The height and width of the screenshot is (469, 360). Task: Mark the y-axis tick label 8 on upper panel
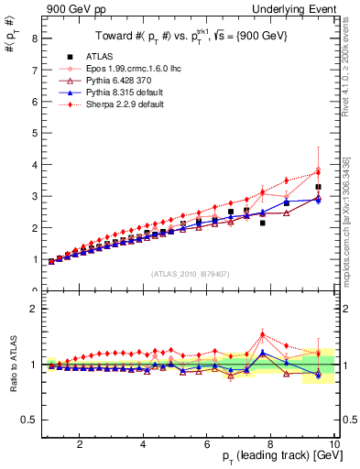[x=33, y=38]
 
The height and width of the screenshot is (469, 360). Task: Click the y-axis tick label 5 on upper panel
[x=33, y=133]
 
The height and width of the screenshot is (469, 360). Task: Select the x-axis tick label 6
[x=207, y=445]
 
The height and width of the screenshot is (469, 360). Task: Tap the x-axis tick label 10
[x=333, y=445]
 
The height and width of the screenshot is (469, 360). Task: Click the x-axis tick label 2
[x=81, y=445]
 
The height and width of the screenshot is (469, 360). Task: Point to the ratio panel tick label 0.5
[x=29, y=420]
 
